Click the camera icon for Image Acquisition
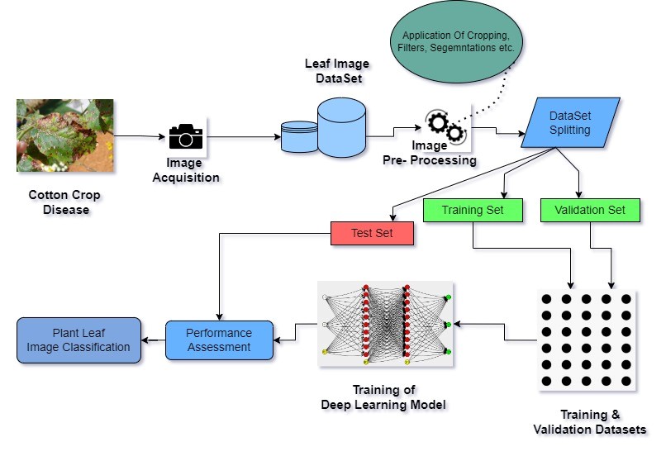coord(186,136)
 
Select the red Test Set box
coord(372,234)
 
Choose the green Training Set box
coord(473,210)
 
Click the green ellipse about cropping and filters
coord(458,42)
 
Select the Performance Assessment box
coord(219,340)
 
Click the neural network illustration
coord(386,324)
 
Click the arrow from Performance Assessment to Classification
coord(152,340)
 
